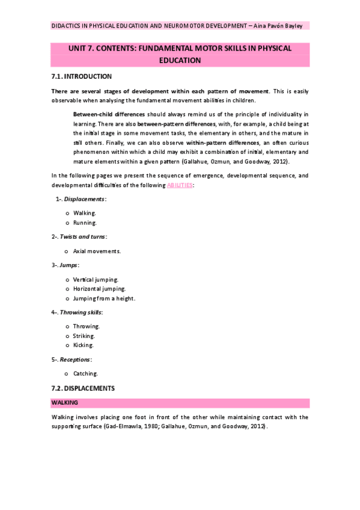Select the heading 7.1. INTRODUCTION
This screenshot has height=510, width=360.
pos(82,76)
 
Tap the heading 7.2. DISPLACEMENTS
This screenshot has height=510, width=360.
pos(83,389)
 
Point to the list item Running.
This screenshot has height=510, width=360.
pos(85,223)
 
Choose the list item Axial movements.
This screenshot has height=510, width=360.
pos(97,251)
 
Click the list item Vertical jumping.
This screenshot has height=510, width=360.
pos(96,279)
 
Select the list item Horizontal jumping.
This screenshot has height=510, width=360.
pos(99,289)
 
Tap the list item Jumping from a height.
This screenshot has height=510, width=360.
pos(104,298)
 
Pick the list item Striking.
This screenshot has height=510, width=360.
pos(84,336)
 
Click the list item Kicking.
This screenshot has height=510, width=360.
pos(84,345)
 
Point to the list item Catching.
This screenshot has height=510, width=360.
pos(85,373)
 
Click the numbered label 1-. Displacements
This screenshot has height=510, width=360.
pos(81,199)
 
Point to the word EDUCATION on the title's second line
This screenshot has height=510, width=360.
pos(180,60)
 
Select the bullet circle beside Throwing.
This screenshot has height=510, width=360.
pos(66,327)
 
